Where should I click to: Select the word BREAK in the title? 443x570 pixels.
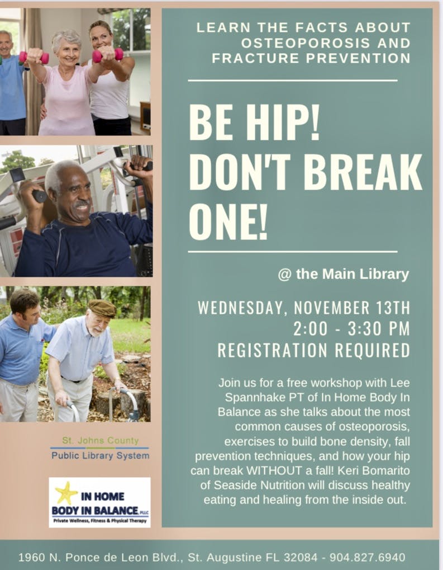pos(363,172)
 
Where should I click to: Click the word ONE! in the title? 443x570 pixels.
pos(228,222)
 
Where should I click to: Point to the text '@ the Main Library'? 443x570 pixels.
pos(344,274)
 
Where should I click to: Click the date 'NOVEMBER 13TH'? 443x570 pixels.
pos(352,308)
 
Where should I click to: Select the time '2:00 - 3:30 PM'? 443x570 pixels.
pos(351,328)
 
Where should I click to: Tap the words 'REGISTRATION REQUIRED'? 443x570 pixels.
pos(314,350)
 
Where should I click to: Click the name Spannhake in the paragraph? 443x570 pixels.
pos(255,397)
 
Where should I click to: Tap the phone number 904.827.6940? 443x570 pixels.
pos(368,557)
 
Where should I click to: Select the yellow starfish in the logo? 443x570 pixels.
pos(66,493)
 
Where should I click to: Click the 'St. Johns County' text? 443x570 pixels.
pos(100,441)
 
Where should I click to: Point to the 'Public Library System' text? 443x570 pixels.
pos(100,455)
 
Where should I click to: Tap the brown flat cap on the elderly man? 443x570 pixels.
pos(102,308)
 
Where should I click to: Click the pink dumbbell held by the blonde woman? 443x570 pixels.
pos(107,55)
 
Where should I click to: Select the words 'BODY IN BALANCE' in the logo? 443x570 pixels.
pos(95,511)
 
